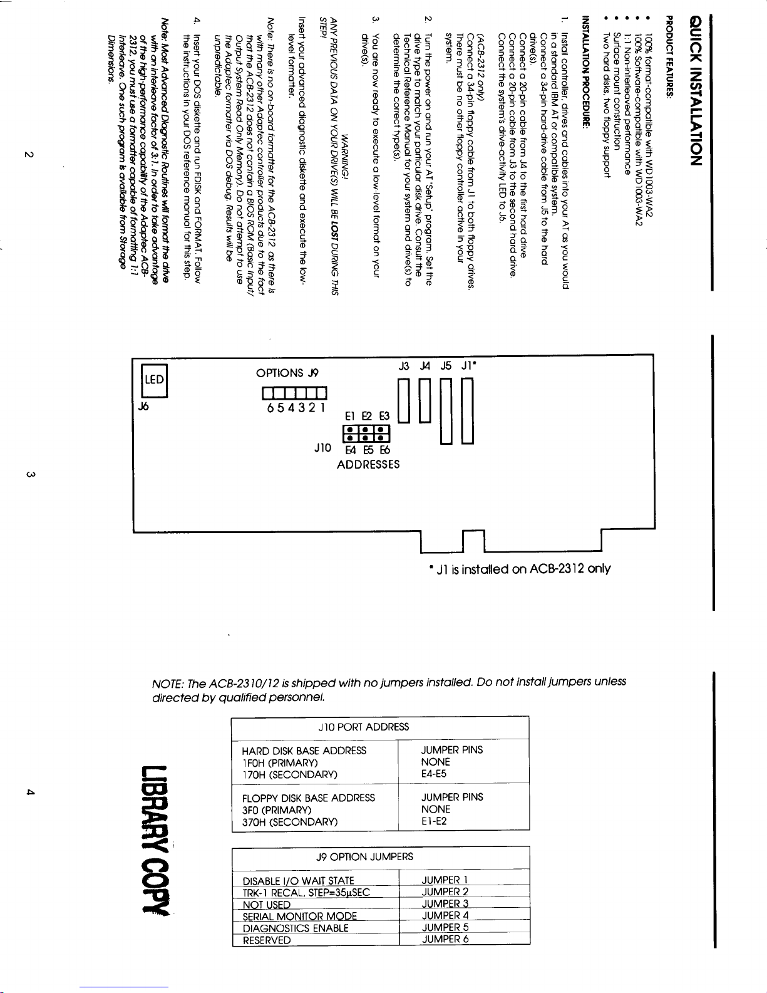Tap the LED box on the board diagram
point(154,380)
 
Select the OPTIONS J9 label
point(287,373)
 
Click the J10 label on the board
point(322,448)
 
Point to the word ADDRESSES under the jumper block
point(368,464)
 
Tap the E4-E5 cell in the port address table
point(434,774)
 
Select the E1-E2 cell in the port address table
point(434,821)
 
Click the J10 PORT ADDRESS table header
point(363,727)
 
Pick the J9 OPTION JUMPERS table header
point(364,856)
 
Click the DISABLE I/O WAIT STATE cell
point(298,881)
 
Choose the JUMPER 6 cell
point(445,939)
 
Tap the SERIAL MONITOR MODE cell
point(299,916)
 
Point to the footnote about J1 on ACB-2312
point(519,569)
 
